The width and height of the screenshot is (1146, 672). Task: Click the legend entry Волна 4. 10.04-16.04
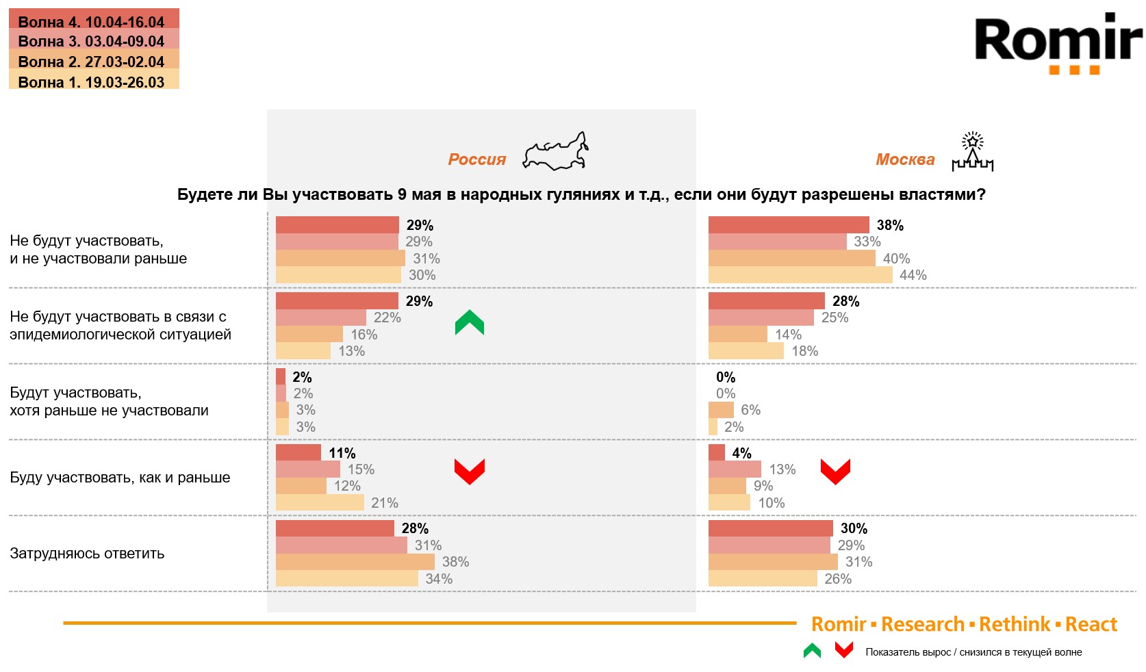coord(91,21)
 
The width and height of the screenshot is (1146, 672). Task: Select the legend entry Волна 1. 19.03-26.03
coord(91,82)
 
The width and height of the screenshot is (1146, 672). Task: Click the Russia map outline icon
coord(555,152)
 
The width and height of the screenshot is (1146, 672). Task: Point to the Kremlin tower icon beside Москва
coord(972,152)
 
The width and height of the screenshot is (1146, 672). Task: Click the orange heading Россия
coord(476,159)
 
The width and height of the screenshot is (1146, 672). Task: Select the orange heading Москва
coord(905,159)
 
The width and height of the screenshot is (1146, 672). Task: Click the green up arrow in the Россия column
coord(470,322)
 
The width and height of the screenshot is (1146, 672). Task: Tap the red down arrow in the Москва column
coord(835,471)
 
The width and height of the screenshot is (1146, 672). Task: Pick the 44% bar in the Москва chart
coord(800,275)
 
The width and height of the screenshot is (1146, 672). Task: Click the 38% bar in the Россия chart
coord(355,562)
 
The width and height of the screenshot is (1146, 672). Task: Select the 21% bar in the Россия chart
coord(320,503)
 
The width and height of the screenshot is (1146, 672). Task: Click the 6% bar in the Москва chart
coord(721,410)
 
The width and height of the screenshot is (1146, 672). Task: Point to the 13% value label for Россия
coord(352,351)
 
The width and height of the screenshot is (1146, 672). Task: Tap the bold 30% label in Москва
coord(854,528)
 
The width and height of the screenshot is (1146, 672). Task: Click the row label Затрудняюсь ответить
coord(87,554)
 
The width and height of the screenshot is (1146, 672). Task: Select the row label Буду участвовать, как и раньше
coord(120,478)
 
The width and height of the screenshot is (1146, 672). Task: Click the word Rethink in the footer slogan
coord(1014,624)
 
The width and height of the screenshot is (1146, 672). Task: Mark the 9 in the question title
coord(402,194)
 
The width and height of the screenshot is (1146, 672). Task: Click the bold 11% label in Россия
coord(342,453)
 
